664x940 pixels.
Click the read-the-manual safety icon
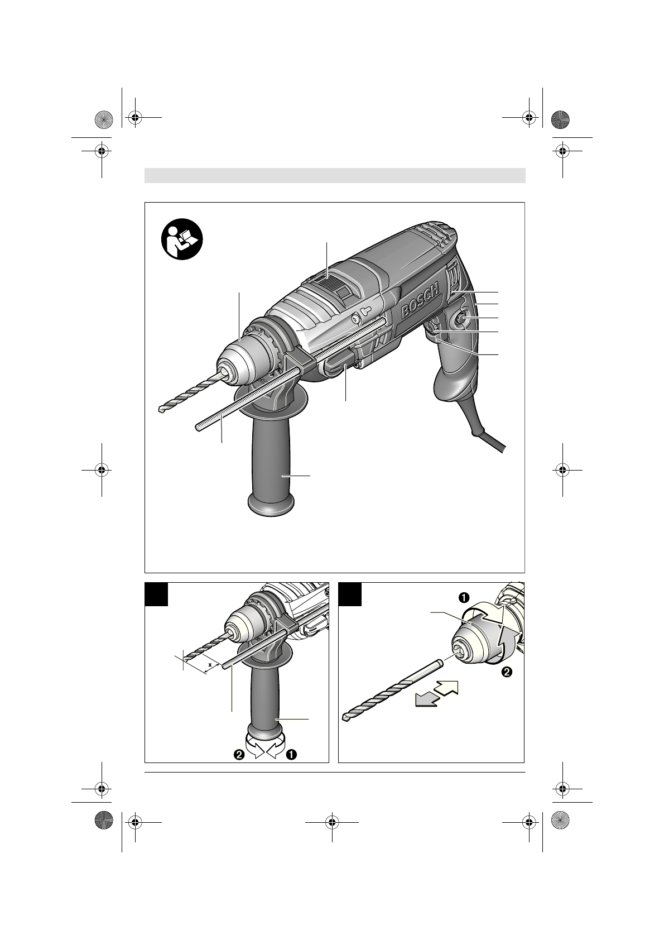point(182,239)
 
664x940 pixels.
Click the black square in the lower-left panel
point(156,594)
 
